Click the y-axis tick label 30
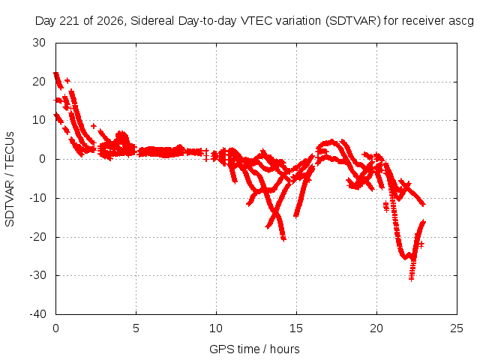(x=39, y=43)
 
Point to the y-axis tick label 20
(x=39, y=82)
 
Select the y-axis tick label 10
(x=39, y=120)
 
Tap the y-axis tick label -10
(x=37, y=198)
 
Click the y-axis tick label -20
(x=37, y=237)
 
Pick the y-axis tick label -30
(x=37, y=275)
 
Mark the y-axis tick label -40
(x=37, y=314)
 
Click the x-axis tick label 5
(x=136, y=328)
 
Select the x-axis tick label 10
(x=216, y=328)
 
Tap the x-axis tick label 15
(x=296, y=328)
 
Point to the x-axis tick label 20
(x=376, y=328)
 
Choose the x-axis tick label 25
(x=457, y=328)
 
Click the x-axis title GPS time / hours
(x=254, y=349)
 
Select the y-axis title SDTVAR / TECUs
(x=10, y=179)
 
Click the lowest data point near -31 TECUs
(x=411, y=278)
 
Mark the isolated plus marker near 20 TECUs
(x=67, y=80)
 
